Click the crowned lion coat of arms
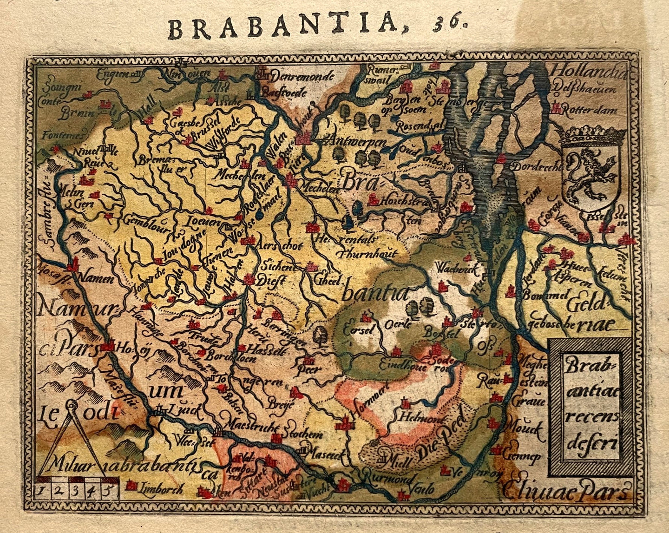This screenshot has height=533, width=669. point(590,170)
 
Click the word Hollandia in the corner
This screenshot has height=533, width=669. point(588,72)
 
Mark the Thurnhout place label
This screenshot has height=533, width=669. point(368,254)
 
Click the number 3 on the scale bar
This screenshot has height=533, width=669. point(77,491)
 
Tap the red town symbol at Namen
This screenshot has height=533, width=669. point(72,266)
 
